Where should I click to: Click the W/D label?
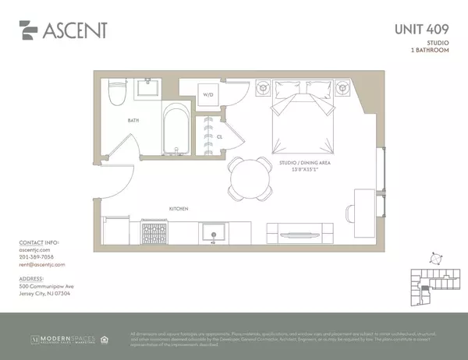(x=208, y=95)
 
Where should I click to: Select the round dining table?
(x=249, y=178)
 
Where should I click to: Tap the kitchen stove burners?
(x=154, y=231)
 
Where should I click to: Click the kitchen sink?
(x=213, y=232)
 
